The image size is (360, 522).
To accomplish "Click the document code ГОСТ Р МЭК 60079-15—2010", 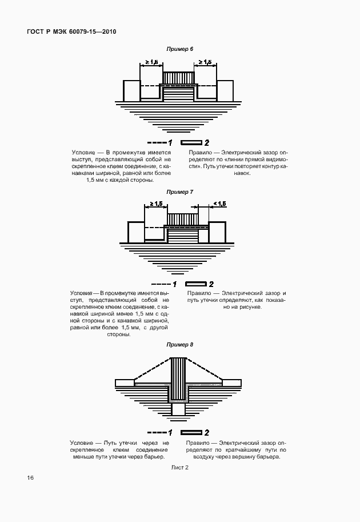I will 71,31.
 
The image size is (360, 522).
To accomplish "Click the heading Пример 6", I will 180,49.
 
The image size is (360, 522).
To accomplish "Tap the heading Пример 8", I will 180,345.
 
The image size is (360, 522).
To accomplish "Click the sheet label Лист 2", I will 180,467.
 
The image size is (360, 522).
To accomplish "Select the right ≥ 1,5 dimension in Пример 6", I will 204,62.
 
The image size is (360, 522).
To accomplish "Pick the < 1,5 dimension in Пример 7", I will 219,204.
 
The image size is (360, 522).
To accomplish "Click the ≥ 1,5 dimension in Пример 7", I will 155,204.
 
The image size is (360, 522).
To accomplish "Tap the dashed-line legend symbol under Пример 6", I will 155,142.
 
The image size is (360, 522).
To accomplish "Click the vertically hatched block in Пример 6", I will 179,78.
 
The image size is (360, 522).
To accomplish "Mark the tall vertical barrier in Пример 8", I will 179,377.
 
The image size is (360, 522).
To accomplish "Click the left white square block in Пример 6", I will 131,90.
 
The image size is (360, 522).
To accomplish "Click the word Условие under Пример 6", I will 83,153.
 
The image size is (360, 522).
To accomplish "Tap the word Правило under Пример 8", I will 199,443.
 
